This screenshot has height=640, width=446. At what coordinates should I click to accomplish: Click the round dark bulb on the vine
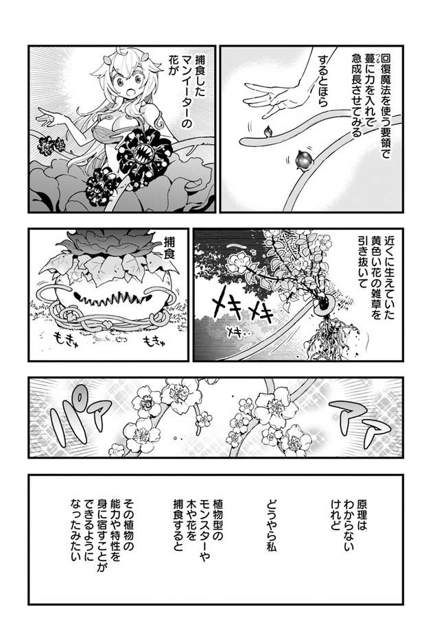(x=305, y=159)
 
